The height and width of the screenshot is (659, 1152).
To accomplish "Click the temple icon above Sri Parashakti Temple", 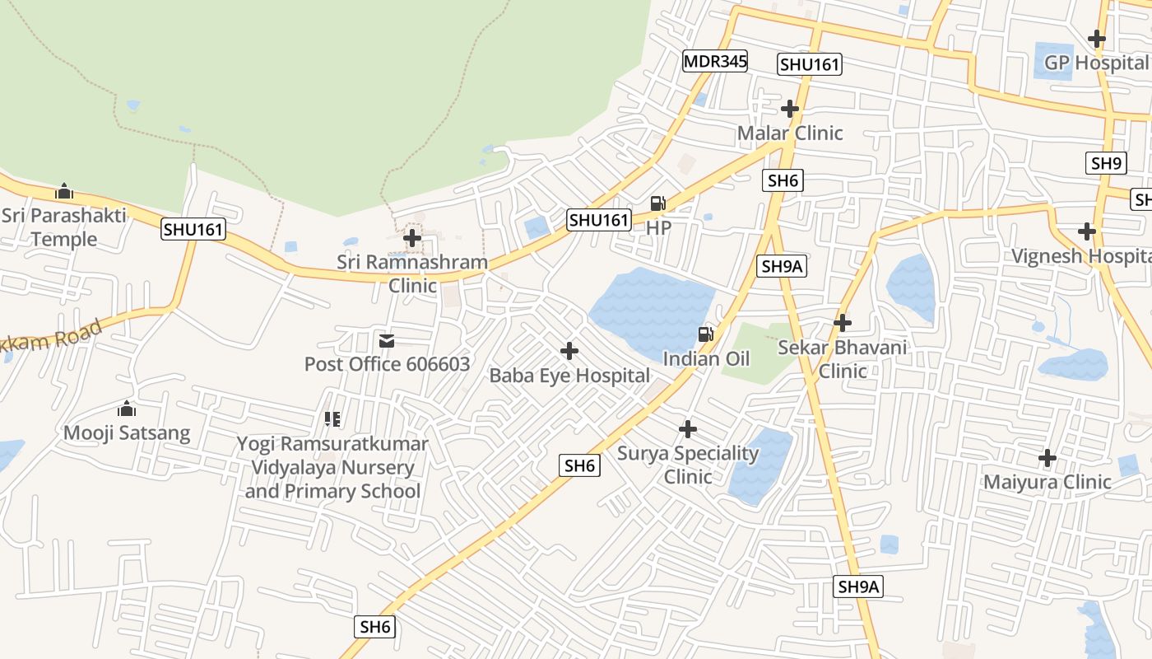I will tap(64, 192).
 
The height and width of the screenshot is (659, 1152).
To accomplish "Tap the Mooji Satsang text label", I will tap(127, 432).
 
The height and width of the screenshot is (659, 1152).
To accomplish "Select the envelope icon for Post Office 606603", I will tap(386, 340).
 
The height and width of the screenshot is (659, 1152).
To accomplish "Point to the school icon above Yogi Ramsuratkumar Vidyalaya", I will tap(332, 419).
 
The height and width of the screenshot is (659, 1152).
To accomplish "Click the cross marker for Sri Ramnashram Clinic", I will tap(412, 238).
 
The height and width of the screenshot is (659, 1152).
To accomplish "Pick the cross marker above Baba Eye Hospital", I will tap(569, 352).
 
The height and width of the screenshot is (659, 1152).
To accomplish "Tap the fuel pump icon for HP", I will tap(657, 203).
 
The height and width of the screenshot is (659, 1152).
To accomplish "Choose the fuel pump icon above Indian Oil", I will tap(705, 334).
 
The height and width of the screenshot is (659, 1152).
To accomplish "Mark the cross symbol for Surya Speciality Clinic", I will tap(688, 429).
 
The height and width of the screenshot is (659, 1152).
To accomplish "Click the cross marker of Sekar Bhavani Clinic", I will tap(842, 323).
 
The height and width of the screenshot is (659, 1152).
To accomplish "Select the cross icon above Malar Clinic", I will tap(790, 109).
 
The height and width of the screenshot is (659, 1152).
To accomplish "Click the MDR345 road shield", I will tap(714, 61).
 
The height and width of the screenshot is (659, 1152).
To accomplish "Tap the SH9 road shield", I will tap(1107, 163).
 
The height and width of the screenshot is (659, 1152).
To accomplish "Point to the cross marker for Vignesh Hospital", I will tap(1087, 231).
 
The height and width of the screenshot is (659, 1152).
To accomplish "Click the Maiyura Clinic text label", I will tap(1047, 482).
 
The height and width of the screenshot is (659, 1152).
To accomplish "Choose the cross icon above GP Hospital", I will tap(1096, 39).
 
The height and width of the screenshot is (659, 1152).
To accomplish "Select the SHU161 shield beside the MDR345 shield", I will tap(810, 64).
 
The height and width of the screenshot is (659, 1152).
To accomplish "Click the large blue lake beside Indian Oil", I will tap(650, 309).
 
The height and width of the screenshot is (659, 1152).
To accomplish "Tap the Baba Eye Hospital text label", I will tap(569, 376).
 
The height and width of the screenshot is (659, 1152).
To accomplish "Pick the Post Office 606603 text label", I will tap(387, 364).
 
